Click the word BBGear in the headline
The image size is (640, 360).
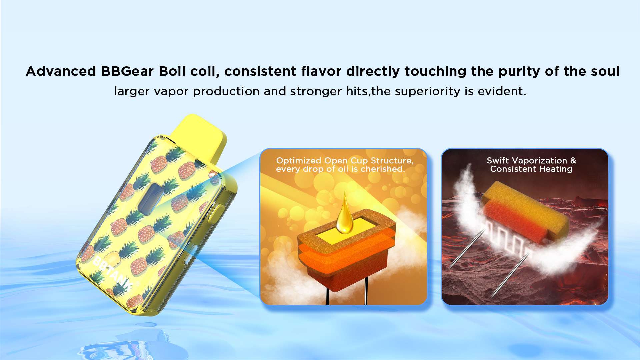(127, 71)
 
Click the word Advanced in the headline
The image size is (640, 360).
(61, 71)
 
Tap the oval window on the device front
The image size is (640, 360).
(151, 199)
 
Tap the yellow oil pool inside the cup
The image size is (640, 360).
(347, 231)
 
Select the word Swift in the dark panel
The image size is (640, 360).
(498, 161)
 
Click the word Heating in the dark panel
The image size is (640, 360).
(556, 169)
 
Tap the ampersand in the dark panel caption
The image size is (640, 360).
(573, 161)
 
